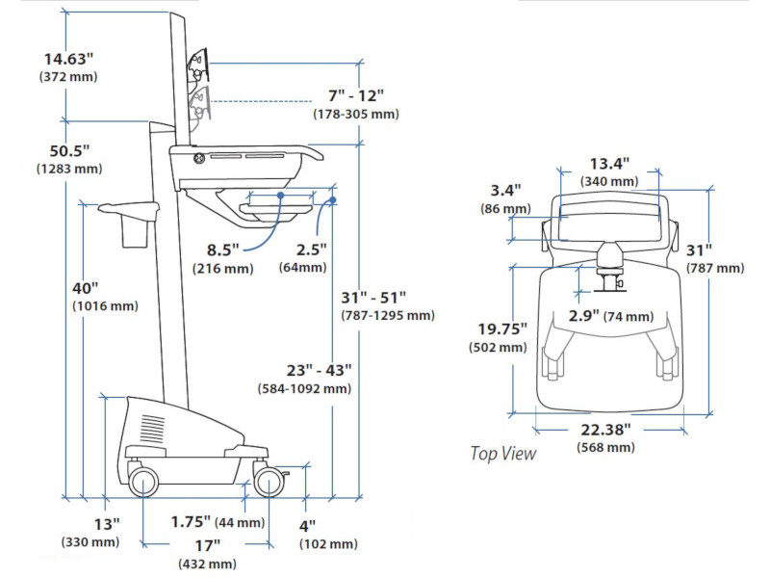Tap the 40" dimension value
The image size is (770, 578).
pos(85,289)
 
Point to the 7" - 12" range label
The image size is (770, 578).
pos(355,96)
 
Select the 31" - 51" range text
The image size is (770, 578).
pos(373,298)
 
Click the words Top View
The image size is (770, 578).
pos(502,453)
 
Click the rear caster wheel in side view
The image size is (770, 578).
pos(142,482)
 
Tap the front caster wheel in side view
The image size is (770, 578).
pos(269,483)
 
